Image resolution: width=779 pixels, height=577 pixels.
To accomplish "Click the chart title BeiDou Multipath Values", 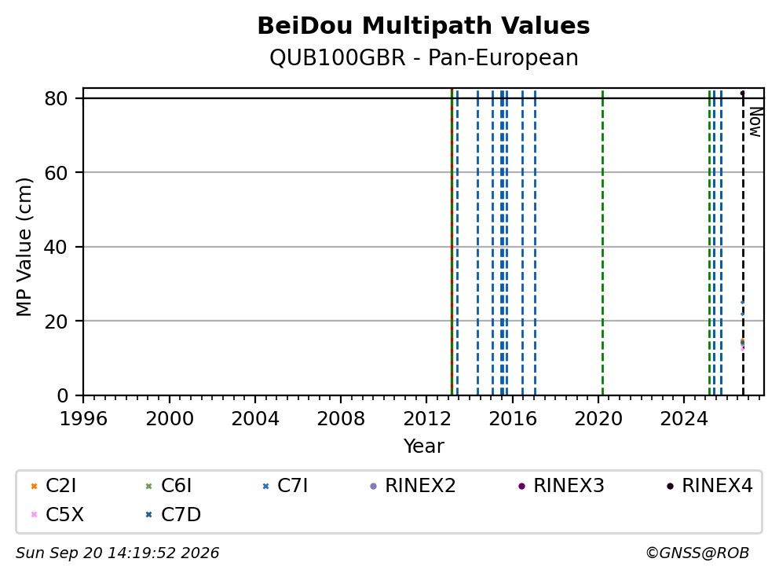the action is pyautogui.click(x=423, y=26).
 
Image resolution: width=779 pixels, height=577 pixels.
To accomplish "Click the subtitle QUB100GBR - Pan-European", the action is pyautogui.click(x=424, y=57).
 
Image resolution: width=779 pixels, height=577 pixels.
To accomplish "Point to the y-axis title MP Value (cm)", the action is pyautogui.click(x=24, y=247).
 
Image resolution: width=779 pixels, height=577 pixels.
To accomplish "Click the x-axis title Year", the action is pyautogui.click(x=424, y=447).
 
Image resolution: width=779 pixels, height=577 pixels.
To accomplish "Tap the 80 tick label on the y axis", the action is pyautogui.click(x=56, y=98).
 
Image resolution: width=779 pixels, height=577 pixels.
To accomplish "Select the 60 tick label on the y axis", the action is pyautogui.click(x=56, y=173).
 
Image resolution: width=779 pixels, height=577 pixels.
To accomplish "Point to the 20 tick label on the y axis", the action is pyautogui.click(x=56, y=322).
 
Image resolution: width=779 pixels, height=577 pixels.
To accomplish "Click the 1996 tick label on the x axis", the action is pyautogui.click(x=83, y=419).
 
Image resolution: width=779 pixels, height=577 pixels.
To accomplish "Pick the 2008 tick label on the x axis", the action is pyautogui.click(x=341, y=419).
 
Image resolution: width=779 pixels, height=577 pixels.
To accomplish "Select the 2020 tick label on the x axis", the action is pyautogui.click(x=598, y=419).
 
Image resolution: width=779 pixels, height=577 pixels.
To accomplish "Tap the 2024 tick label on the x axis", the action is pyautogui.click(x=684, y=419).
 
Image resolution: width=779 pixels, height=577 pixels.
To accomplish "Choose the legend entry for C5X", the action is pyautogui.click(x=57, y=515).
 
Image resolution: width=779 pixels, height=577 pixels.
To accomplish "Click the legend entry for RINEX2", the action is pyautogui.click(x=413, y=486).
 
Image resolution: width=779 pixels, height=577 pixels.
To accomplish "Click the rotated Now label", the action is pyautogui.click(x=755, y=123).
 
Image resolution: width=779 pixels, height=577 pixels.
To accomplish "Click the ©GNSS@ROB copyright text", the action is pyautogui.click(x=697, y=553).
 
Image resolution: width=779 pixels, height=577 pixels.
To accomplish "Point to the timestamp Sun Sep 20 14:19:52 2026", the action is pyautogui.click(x=117, y=553).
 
